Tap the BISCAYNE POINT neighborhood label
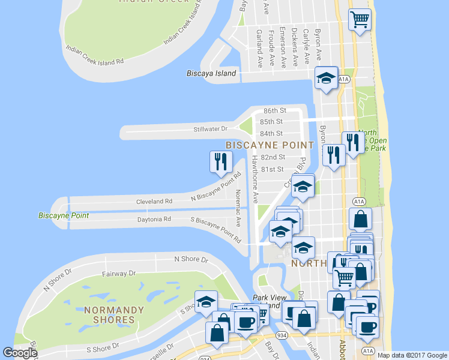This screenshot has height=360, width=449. point(270,145)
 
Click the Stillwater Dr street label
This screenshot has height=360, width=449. point(211,128)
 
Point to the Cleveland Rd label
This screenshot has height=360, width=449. point(154,201)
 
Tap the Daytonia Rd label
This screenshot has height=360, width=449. point(154,219)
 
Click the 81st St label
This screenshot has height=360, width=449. point(276,169)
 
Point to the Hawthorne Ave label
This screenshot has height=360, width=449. point(255,178)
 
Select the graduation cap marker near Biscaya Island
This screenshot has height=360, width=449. point(327,79)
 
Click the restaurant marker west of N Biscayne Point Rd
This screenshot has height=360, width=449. point(220,161)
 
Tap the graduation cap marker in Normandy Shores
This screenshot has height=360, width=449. point(206,302)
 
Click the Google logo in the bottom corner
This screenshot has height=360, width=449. point(20,353)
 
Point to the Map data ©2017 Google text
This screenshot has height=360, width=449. point(412,355)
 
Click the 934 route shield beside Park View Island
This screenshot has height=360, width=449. point(280,335)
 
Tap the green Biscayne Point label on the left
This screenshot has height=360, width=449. point(64,215)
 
